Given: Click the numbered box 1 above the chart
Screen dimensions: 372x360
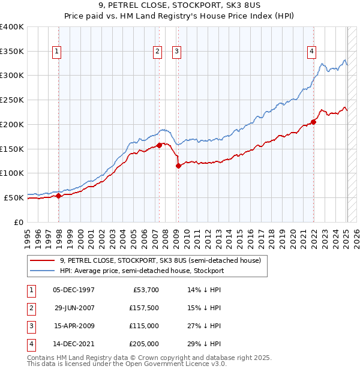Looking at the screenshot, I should coord(56,52).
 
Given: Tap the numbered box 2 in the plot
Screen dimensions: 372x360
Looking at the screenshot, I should coord(157,52).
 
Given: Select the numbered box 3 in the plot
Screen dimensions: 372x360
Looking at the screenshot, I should coord(177,52).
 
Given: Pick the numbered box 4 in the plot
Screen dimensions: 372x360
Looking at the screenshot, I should coord(312,52).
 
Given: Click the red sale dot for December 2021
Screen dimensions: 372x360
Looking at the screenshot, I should coord(313,122).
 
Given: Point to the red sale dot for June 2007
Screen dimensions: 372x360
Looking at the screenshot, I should coord(159,145).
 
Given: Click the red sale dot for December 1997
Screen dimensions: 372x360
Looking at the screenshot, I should coord(59,196).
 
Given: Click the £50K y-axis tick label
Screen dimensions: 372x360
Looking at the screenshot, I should coord(14,197).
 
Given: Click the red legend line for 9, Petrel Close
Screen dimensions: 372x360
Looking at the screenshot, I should coord(42,261).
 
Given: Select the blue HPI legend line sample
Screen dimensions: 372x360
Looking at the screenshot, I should coord(42,271).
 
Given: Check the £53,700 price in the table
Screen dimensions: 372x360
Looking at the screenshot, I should coord(146,290).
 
